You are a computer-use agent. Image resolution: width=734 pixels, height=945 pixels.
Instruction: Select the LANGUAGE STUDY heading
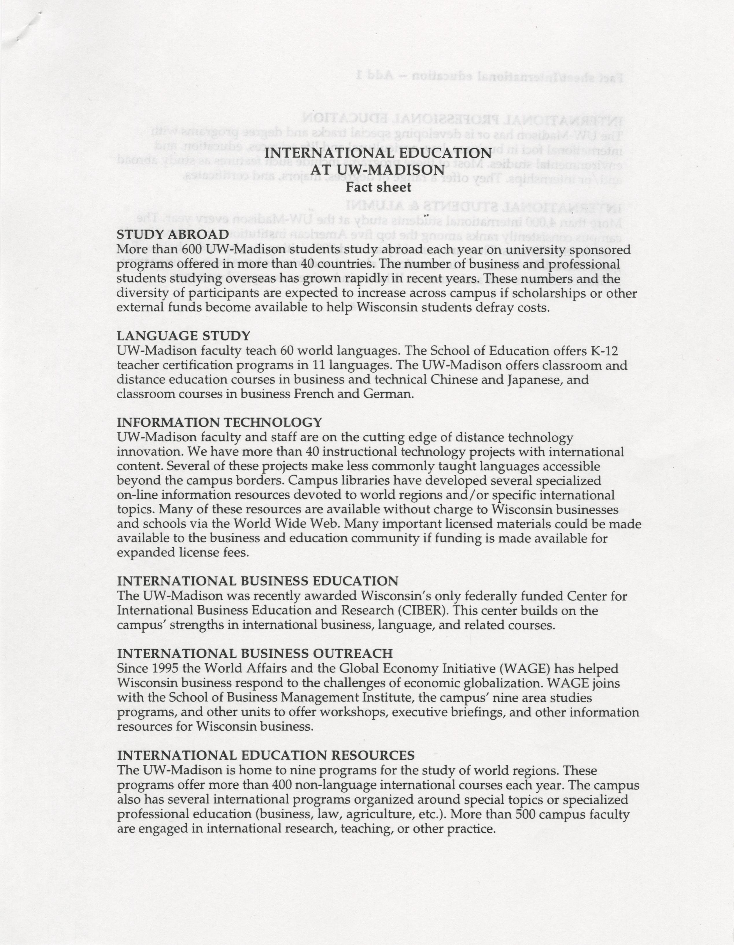(183, 336)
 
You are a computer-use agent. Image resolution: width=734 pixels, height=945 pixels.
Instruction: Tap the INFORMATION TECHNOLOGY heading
(219, 422)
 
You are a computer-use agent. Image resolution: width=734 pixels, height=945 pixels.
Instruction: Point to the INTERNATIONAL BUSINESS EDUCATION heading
(258, 581)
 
